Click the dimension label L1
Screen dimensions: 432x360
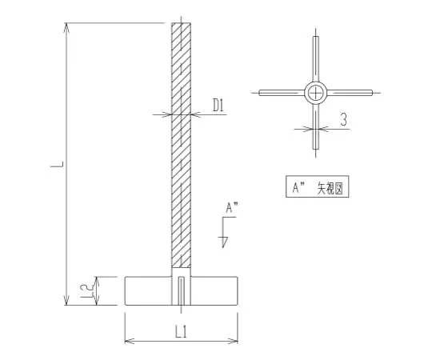(181, 331)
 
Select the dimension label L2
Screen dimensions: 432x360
(86, 291)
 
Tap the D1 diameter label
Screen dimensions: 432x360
(218, 105)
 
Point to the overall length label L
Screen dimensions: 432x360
(57, 164)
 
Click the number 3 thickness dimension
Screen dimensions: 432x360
(343, 119)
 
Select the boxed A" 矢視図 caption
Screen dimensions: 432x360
(318, 186)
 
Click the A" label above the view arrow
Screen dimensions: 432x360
(232, 207)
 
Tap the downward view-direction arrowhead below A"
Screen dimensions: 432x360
(225, 242)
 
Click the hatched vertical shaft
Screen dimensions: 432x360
(181, 145)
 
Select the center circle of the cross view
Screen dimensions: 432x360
(316, 93)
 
